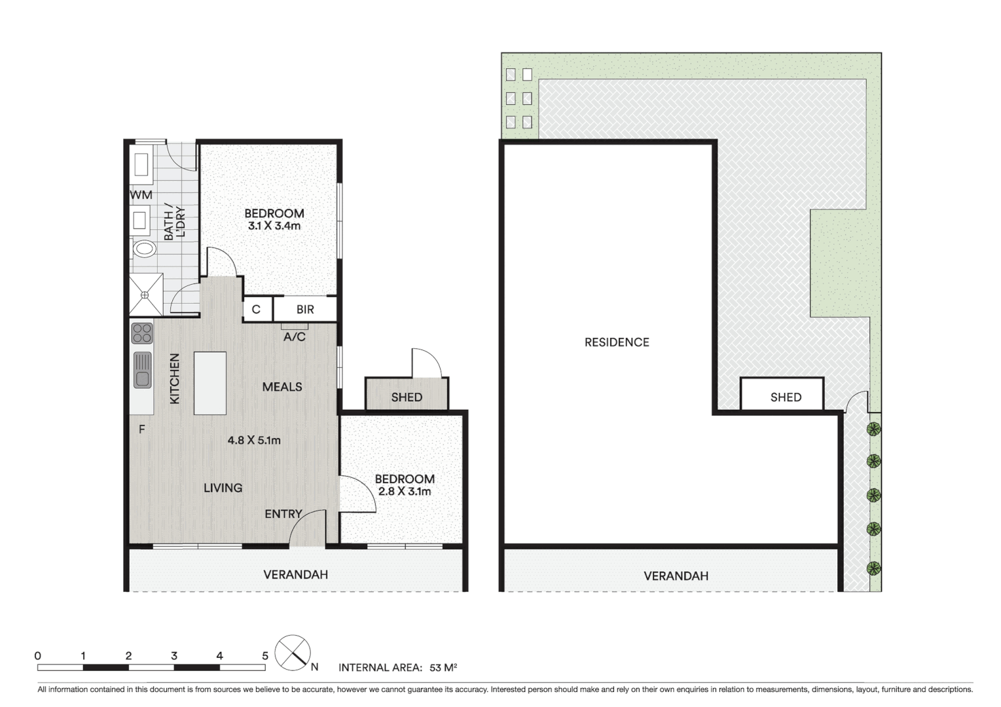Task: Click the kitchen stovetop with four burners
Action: tap(142, 333)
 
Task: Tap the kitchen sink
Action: tap(142, 370)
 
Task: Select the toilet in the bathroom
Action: tap(144, 249)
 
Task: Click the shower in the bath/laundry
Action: tap(145, 295)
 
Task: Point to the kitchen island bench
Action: tap(210, 383)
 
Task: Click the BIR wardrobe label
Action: tap(305, 310)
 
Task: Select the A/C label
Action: tap(294, 337)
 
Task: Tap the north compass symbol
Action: tap(293, 653)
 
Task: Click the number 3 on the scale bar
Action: tap(174, 655)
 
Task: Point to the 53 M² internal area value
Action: tap(443, 668)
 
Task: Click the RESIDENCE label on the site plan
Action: tap(617, 342)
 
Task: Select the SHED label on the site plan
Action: tap(786, 397)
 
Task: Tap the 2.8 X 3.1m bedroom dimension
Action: tap(405, 492)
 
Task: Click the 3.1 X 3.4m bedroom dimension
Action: tap(274, 226)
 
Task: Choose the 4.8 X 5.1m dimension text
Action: tap(254, 441)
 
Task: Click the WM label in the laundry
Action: tap(141, 195)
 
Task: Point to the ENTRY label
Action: tap(283, 514)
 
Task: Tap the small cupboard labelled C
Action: tap(256, 310)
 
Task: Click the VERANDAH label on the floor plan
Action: tap(295, 575)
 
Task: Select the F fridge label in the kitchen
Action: tap(141, 430)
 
